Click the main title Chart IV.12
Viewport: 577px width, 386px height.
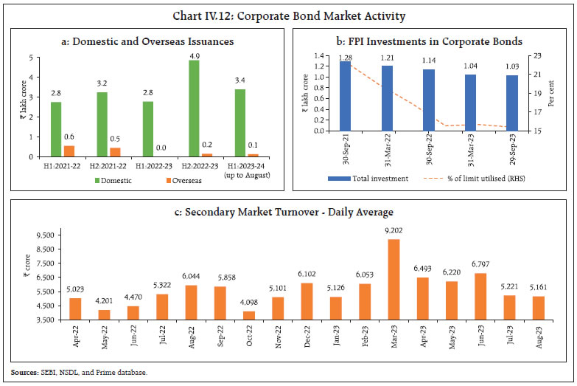click(x=288, y=15)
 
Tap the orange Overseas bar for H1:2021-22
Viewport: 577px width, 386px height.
click(x=70, y=151)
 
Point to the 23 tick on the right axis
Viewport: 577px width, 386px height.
click(x=535, y=55)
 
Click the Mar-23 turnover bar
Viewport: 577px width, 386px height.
click(x=394, y=279)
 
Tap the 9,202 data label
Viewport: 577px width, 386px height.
click(x=394, y=232)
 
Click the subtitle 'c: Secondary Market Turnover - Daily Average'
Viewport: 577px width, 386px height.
click(x=288, y=213)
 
